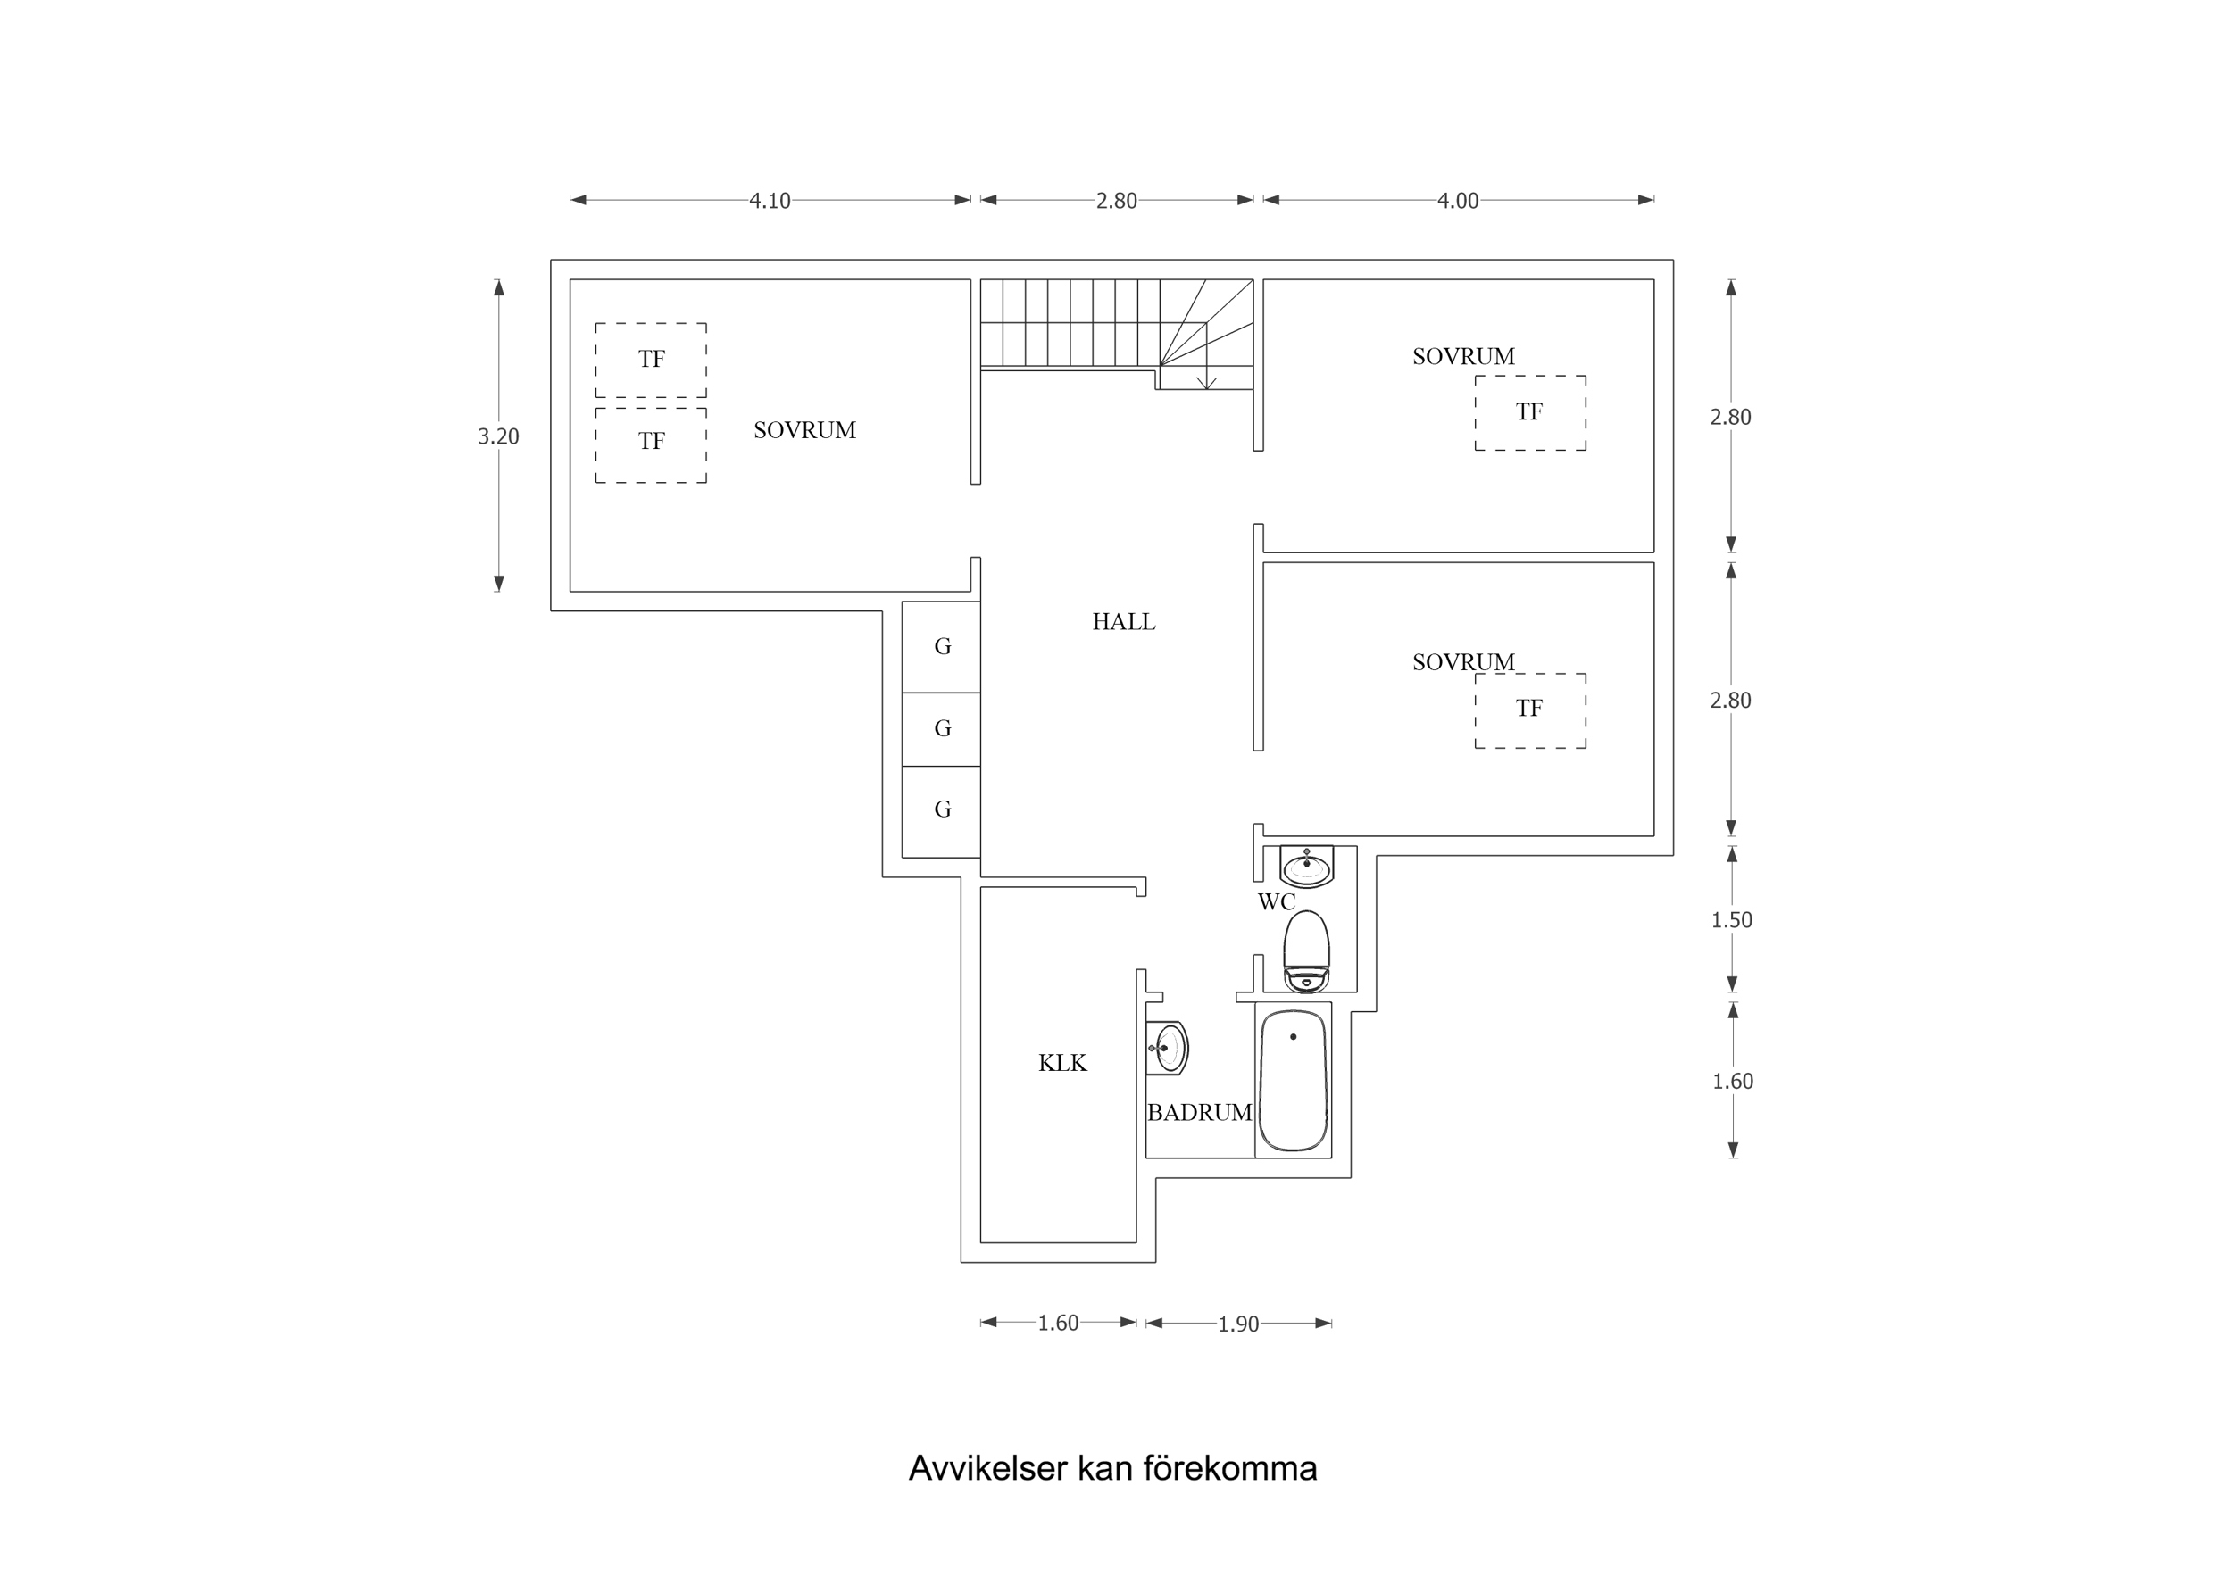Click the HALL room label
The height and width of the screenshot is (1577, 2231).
(1123, 622)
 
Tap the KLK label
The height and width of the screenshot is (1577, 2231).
(1062, 1063)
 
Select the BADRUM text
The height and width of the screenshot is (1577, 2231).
(1199, 1114)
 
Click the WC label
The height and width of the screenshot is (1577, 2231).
(1276, 901)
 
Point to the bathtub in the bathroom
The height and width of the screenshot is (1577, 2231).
(1293, 1081)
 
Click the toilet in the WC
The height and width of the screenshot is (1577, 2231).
(1306, 951)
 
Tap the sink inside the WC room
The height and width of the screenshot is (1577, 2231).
(1306, 866)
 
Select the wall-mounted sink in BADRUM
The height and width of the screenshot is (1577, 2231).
(1168, 1049)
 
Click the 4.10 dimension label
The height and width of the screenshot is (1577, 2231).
(770, 201)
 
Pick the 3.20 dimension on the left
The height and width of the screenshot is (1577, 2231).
(498, 436)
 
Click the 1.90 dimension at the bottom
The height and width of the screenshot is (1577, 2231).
(1238, 1324)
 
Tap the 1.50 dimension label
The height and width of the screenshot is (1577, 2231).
(1732, 920)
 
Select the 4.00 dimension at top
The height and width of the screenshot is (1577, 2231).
(1458, 201)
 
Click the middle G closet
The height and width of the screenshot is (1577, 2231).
(942, 729)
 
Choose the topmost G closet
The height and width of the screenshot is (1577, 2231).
(942, 646)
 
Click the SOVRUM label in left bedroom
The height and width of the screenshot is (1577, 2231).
(804, 430)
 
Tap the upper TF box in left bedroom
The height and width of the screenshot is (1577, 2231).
(651, 360)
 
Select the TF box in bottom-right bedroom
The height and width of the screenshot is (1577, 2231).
(1529, 710)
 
